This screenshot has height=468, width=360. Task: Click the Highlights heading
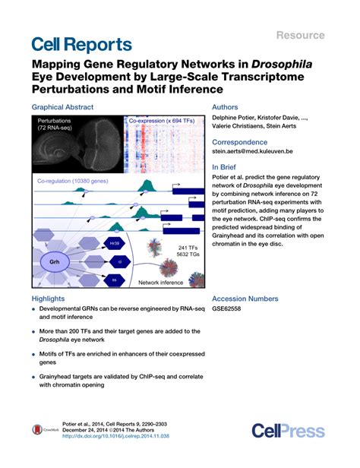coord(48,299)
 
